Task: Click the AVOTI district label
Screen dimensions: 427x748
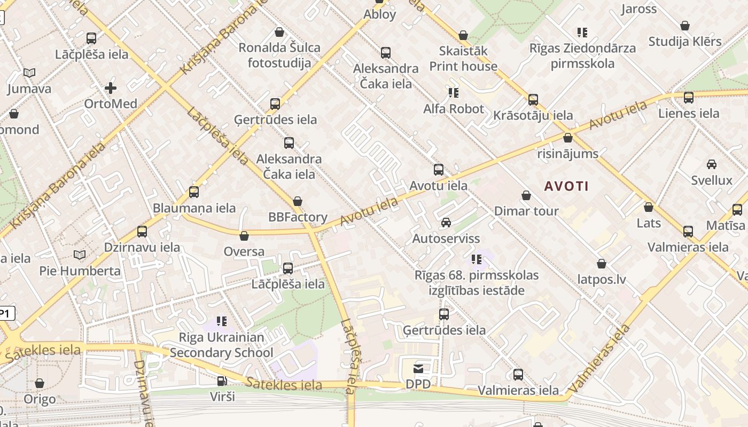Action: tap(566, 186)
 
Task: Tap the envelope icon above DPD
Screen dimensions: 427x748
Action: tap(418, 369)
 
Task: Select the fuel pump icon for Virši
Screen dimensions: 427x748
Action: tap(222, 381)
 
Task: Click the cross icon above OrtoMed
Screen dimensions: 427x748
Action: tap(111, 88)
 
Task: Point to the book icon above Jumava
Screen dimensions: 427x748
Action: tap(29, 73)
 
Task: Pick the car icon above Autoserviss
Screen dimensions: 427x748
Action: tap(446, 223)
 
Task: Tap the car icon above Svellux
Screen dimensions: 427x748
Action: tap(711, 164)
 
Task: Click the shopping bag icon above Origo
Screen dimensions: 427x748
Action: tap(40, 383)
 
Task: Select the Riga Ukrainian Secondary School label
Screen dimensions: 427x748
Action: tap(221, 345)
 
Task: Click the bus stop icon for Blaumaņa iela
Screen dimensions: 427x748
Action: tap(194, 192)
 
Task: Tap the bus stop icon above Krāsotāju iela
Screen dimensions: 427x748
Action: tap(533, 100)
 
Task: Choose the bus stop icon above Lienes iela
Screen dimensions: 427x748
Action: tap(688, 98)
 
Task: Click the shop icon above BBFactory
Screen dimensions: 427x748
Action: tap(298, 201)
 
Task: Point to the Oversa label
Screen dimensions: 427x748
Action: tap(244, 251)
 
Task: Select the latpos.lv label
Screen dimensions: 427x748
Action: tap(602, 279)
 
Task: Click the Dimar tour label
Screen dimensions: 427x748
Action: tap(526, 211)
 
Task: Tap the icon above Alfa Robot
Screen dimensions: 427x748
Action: tap(454, 93)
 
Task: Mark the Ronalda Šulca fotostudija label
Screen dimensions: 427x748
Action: tap(279, 55)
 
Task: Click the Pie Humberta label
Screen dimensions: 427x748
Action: tap(80, 271)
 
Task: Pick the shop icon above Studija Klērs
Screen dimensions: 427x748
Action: tap(685, 26)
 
